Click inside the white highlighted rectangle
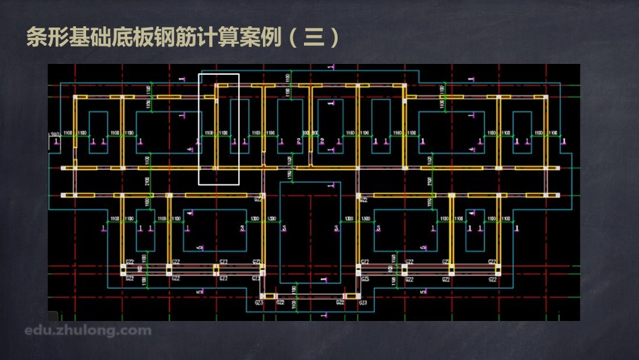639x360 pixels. click(219, 128)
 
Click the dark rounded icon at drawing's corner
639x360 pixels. click(52, 316)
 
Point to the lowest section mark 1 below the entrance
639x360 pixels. click(324, 314)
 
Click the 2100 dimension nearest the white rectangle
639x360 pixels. click(147, 182)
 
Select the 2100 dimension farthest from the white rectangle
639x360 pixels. click(428, 182)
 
